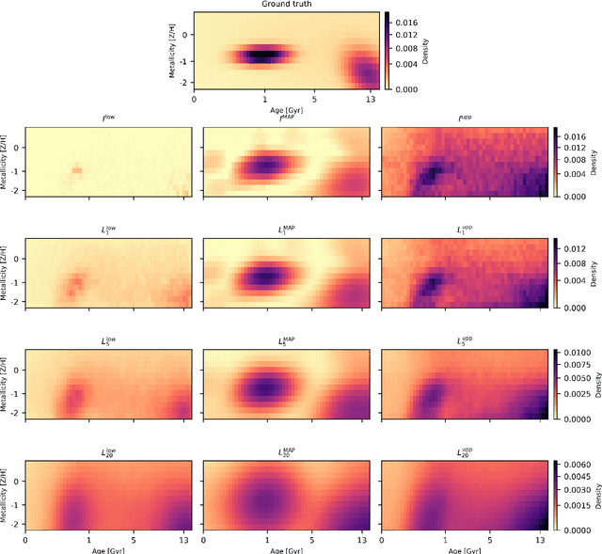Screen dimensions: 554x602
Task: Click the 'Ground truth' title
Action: coord(286,5)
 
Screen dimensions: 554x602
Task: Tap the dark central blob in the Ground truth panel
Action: coord(265,55)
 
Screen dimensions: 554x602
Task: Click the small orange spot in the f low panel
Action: coord(77,170)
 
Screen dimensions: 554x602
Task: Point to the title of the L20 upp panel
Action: coord(464,452)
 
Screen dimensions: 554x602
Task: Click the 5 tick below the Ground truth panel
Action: coord(314,98)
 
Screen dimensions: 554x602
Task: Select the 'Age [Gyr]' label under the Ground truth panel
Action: coord(286,109)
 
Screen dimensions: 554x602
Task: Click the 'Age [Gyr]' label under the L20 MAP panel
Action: coord(286,550)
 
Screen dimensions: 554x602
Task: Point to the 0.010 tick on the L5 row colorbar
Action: coord(579,353)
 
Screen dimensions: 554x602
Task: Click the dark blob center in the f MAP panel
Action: coord(267,166)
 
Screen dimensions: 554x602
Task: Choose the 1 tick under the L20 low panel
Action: coord(88,541)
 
